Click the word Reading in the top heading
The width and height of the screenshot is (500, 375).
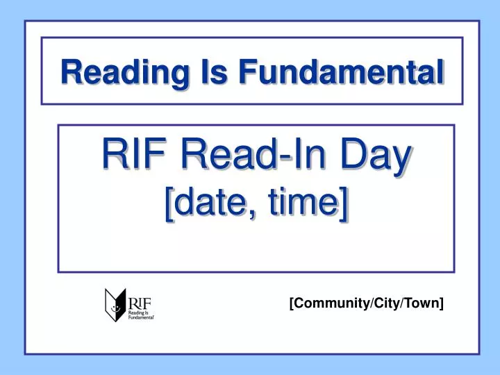[125, 73]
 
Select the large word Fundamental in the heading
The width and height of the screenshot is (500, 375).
[341, 72]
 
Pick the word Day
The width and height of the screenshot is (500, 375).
[376, 156]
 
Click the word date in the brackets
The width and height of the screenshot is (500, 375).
[210, 203]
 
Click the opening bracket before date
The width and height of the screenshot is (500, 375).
[169, 204]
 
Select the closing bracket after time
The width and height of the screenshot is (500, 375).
[344, 204]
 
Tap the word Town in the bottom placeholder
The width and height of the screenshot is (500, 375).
[422, 302]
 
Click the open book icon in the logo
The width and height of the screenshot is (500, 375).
[115, 305]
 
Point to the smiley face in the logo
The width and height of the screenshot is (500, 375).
[115, 308]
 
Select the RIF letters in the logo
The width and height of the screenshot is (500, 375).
[139, 303]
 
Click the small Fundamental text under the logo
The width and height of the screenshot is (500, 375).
[141, 317]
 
